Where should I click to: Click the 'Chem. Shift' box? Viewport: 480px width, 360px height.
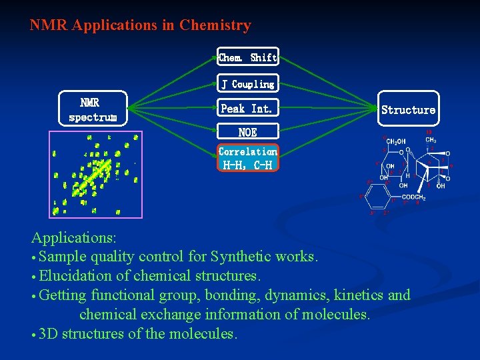pyautogui.click(x=247, y=57)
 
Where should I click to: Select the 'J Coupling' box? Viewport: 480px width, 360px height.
pyautogui.click(x=247, y=84)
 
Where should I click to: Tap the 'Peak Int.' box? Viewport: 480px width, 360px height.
pyautogui.click(x=247, y=108)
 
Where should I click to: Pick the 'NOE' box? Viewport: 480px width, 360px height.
pyautogui.click(x=247, y=132)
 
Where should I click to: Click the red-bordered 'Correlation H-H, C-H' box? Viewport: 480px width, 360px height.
pyautogui.click(x=247, y=158)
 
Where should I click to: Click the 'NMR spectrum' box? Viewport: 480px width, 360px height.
pyautogui.click(x=93, y=109)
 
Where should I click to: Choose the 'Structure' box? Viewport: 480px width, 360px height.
pyautogui.click(x=408, y=110)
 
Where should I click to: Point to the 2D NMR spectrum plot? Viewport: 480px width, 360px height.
pyautogui.click(x=96, y=174)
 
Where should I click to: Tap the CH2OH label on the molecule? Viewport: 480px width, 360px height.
pyautogui.click(x=397, y=141)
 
